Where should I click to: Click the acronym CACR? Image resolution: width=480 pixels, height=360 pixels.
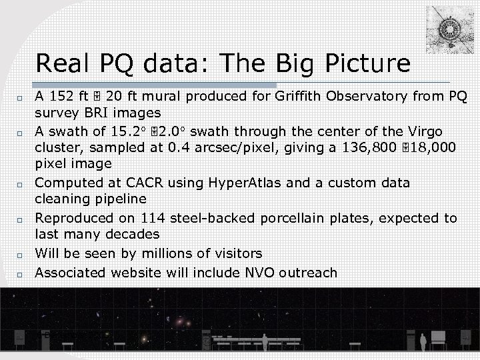[x=132, y=183]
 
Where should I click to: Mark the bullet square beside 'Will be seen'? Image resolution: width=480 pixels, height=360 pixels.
[x=21, y=255]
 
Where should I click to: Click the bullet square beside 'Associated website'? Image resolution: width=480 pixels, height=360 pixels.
[x=21, y=274]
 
